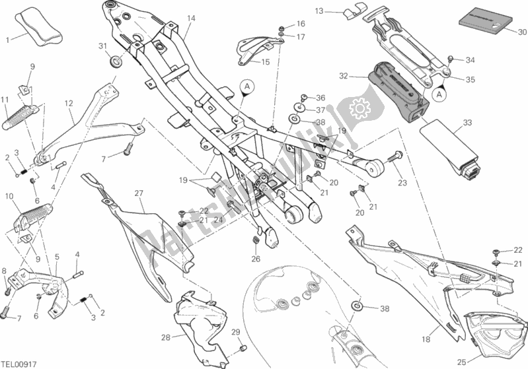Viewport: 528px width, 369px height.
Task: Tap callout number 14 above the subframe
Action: coord(191,18)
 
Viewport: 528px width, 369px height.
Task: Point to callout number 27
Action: coord(139,193)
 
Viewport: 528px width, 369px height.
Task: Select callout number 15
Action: coord(266,62)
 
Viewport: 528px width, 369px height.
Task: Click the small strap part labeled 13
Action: coord(348,10)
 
